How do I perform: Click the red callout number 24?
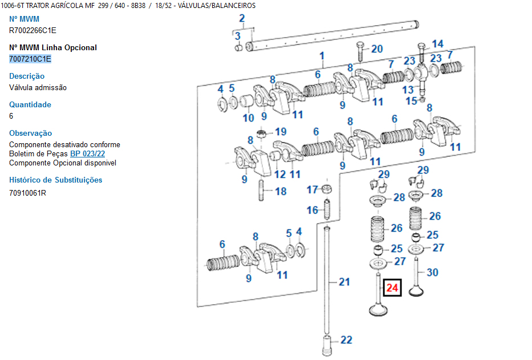(392, 288)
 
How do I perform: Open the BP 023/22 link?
(87, 154)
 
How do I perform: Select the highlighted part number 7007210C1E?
(30, 59)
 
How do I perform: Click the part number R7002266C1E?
(33, 30)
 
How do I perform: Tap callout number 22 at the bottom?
(346, 340)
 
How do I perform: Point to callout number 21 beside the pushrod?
(344, 281)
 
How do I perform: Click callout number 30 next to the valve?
(433, 273)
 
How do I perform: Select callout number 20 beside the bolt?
(377, 49)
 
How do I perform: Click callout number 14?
(437, 44)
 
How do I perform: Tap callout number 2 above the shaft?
(242, 18)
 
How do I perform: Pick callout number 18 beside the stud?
(281, 192)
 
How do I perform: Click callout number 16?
(312, 211)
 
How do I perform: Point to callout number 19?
(281, 132)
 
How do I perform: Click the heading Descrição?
(27, 76)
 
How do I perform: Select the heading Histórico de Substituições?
(56, 180)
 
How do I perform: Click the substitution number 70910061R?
(27, 192)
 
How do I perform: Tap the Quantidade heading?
(30, 104)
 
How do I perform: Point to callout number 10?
(249, 118)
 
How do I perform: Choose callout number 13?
(408, 90)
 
